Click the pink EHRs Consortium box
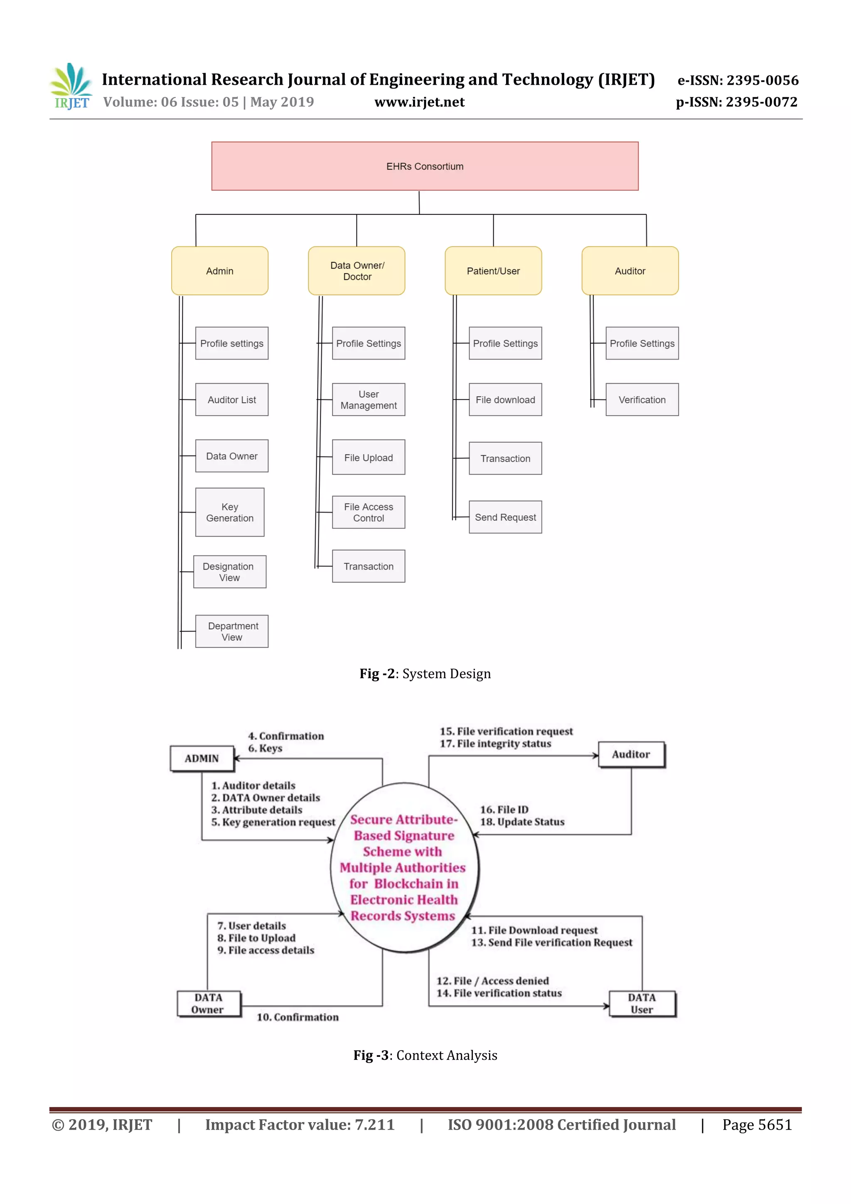(425, 166)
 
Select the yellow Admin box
(220, 271)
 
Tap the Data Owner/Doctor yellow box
(357, 271)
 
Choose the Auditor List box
(232, 399)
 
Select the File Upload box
(368, 457)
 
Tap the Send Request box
(505, 517)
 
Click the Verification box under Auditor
(642, 399)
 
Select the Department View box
(232, 631)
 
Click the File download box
(505, 399)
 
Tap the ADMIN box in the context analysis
(202, 758)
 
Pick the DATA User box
(642, 1004)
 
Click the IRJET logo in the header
(72, 86)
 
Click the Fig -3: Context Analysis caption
(425, 1055)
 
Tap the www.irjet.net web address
(419, 102)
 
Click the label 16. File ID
(504, 810)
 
